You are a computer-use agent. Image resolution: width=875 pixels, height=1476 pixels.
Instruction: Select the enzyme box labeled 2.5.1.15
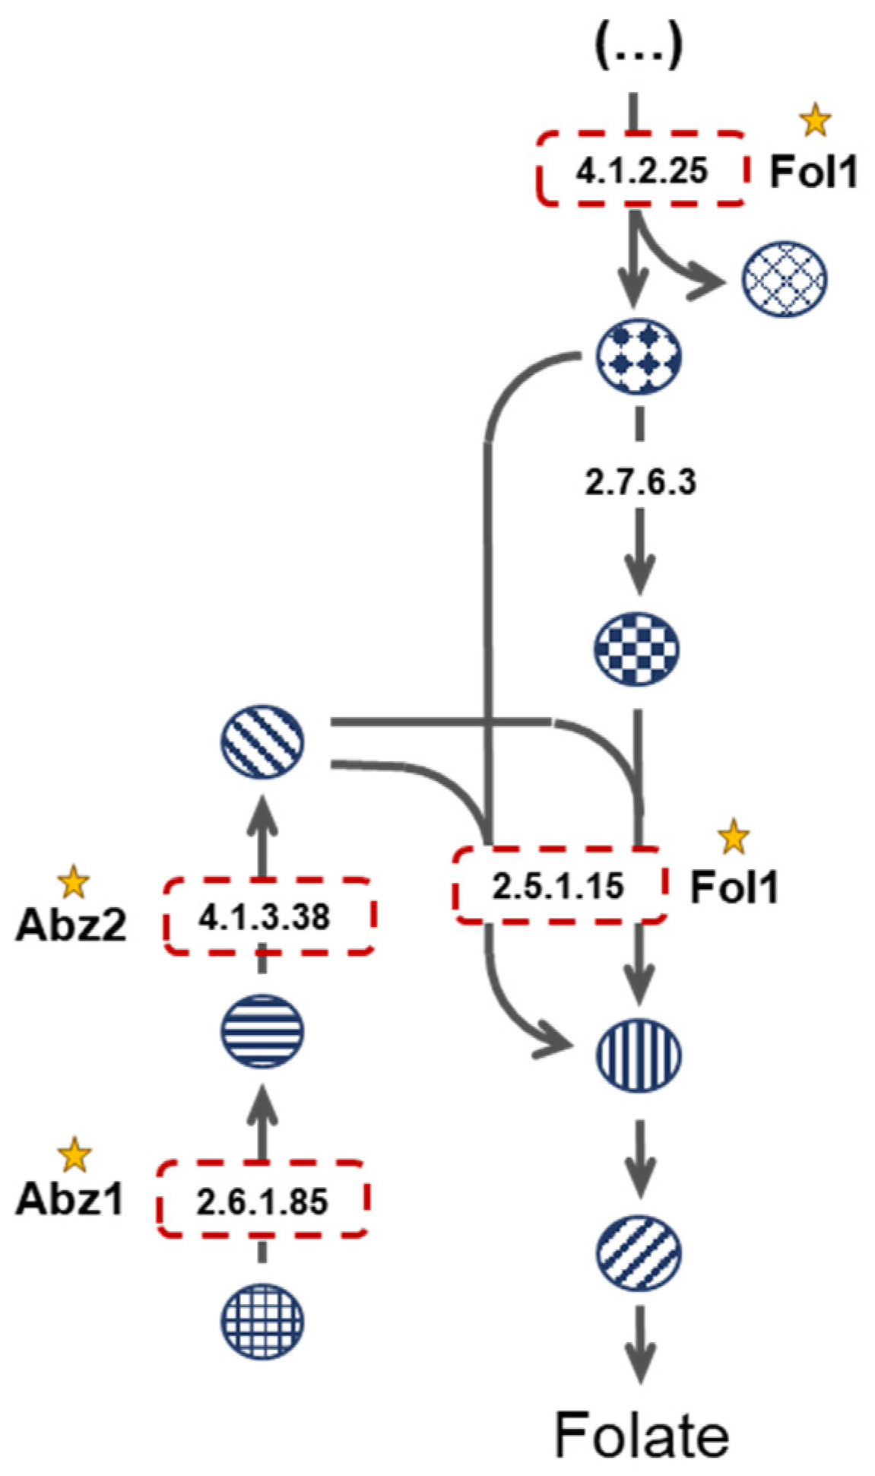(559, 886)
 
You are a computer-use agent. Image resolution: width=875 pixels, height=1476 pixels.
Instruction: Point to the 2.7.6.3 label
(640, 481)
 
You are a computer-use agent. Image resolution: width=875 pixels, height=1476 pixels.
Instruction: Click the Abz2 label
(71, 925)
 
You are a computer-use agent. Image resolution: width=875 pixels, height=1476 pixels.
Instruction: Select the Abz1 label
(69, 1199)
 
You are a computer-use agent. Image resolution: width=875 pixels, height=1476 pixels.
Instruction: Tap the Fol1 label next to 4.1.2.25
(813, 172)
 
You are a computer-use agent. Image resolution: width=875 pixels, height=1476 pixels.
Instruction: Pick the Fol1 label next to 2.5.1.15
(734, 887)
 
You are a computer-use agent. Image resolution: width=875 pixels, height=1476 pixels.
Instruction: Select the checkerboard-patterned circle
(636, 649)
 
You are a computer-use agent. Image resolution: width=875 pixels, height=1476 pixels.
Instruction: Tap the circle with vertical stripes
(638, 1055)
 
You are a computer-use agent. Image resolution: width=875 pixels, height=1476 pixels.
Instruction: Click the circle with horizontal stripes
(262, 1032)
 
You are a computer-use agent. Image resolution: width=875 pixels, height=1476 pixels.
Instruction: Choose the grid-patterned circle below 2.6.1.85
(262, 1321)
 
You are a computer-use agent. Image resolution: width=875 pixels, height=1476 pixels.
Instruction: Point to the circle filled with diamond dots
(638, 356)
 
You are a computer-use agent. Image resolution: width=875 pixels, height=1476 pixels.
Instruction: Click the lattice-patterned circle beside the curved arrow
(784, 278)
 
